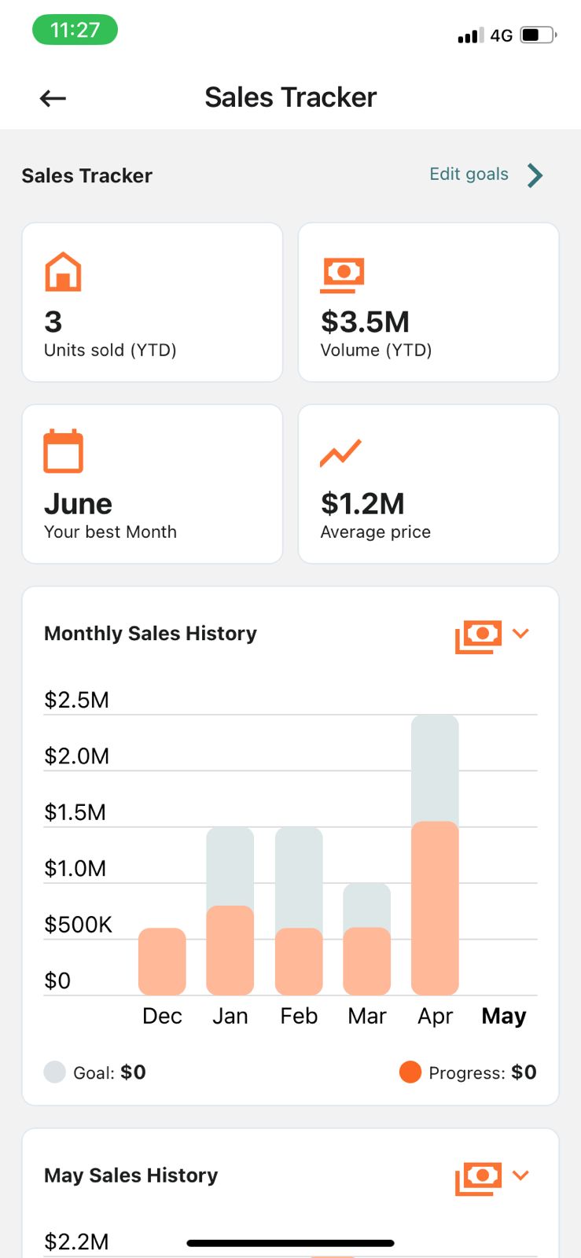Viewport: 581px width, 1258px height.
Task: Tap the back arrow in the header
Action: coord(53,98)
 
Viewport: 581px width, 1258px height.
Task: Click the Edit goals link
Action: coord(469,175)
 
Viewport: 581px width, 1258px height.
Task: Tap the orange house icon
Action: coord(63,272)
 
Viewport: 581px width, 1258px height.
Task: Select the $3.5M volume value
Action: coord(365,322)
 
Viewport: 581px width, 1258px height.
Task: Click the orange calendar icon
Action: coord(63,451)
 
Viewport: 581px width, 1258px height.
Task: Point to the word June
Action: coord(78,503)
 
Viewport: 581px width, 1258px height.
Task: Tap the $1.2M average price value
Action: coord(362,503)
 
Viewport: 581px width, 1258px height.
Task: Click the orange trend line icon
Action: coord(340,453)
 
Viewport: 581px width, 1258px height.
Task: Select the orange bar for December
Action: coord(162,961)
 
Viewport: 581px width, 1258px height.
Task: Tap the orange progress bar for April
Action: coord(435,908)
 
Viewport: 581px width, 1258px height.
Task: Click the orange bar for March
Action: coord(367,961)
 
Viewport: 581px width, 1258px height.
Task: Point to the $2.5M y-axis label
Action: coord(76,700)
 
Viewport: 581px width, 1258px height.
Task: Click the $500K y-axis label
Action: coord(78,925)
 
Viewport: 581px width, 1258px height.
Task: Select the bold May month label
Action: coord(503,1016)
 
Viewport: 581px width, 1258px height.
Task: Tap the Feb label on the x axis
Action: coord(299,1016)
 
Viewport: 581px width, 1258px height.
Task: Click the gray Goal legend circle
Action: coord(54,1072)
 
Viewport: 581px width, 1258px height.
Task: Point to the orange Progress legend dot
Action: coord(410,1072)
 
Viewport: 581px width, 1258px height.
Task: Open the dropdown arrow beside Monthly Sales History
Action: coord(520,634)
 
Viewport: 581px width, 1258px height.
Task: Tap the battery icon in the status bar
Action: coord(538,35)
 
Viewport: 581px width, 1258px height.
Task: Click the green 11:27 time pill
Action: coord(75,30)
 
